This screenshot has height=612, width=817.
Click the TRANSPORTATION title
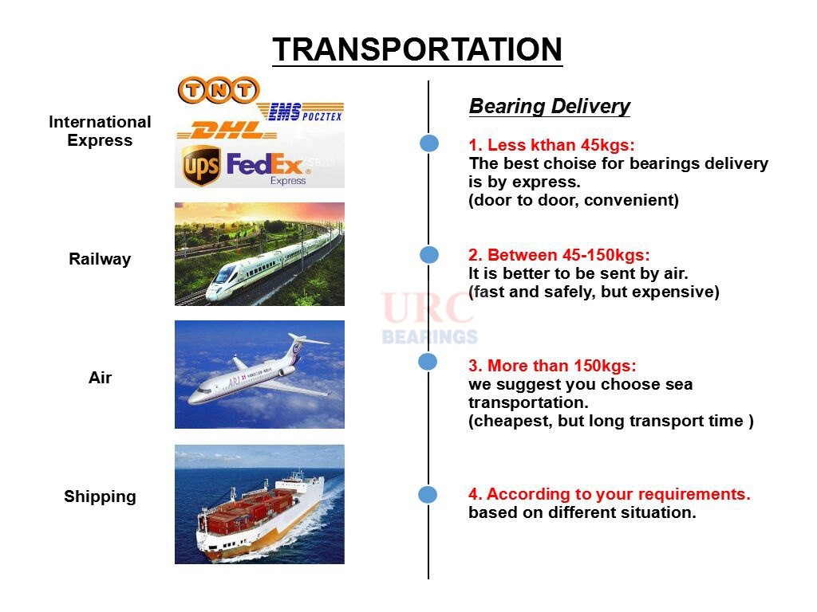pyautogui.click(x=417, y=49)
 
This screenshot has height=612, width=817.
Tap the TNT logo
pyautogui.click(x=219, y=90)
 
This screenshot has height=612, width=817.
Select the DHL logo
pyautogui.click(x=227, y=131)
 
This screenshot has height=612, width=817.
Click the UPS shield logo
pyautogui.click(x=201, y=165)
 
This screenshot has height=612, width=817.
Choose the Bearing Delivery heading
pyautogui.click(x=550, y=106)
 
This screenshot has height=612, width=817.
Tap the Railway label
pyautogui.click(x=100, y=259)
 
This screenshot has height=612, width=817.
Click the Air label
pyautogui.click(x=100, y=377)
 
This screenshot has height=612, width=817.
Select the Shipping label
pyautogui.click(x=100, y=496)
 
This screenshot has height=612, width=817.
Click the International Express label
pyautogui.click(x=100, y=131)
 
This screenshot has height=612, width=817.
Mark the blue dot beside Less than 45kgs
pyautogui.click(x=429, y=143)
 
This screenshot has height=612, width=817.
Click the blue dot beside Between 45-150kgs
pyautogui.click(x=429, y=254)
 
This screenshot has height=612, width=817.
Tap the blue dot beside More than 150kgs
pyautogui.click(x=428, y=362)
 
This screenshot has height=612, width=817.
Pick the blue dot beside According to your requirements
pyautogui.click(x=428, y=494)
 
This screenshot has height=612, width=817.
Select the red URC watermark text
pyautogui.click(x=428, y=308)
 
